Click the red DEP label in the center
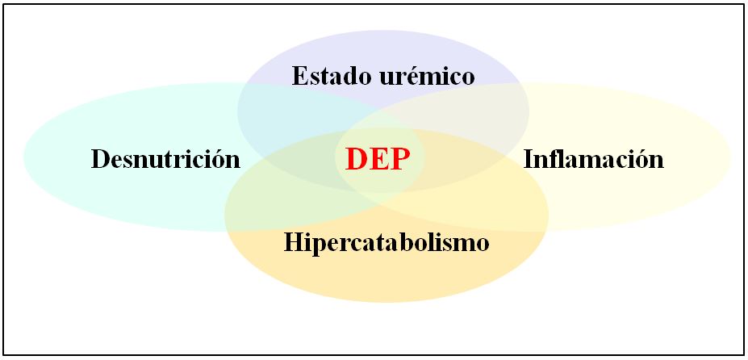tap(373, 159)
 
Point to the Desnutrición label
tap(165, 159)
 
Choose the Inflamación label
tap(593, 159)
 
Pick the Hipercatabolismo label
tap(387, 242)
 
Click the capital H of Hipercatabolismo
tap(292, 242)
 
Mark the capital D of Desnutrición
tap(100, 159)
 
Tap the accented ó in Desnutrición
tap(220, 159)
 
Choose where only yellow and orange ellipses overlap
tap(500, 206)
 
